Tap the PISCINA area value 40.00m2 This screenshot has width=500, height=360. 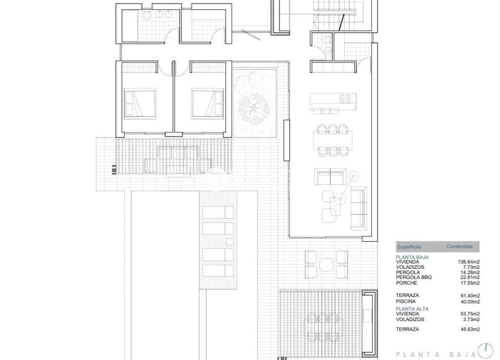[x=469, y=301]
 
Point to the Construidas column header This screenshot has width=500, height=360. [x=458, y=247]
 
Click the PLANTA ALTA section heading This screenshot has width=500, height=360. [x=412, y=308]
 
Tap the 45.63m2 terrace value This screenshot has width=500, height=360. [x=469, y=329]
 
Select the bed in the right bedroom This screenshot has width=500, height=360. [x=208, y=104]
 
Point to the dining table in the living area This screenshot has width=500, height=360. [x=332, y=139]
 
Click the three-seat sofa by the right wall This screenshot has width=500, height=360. [x=358, y=208]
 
